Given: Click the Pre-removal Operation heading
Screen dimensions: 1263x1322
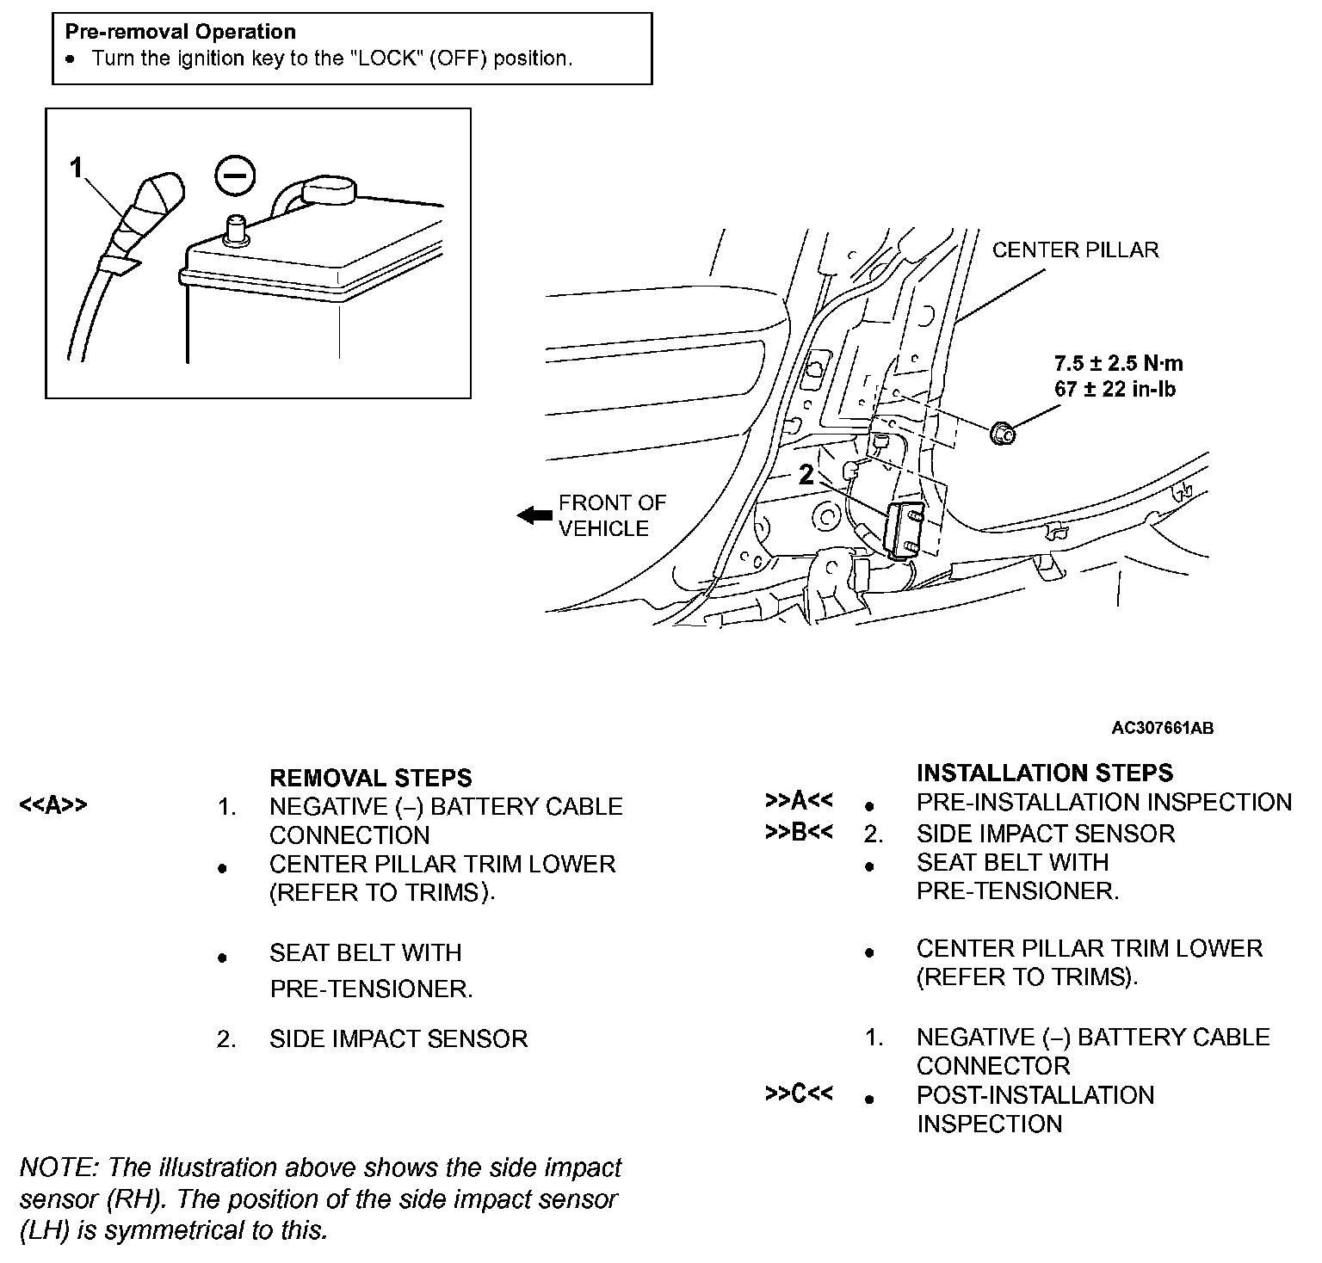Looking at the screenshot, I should point(181,32).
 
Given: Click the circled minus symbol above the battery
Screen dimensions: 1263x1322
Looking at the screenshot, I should point(235,176).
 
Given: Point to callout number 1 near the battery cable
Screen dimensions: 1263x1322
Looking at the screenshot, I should point(77,167).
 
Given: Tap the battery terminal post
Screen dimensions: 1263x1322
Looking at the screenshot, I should point(235,231).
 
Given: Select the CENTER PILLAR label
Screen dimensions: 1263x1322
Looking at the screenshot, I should point(1075,250).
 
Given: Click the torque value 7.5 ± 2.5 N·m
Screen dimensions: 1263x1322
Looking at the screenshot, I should point(1118,363).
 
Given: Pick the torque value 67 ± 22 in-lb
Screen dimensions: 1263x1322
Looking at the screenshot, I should point(1115,389).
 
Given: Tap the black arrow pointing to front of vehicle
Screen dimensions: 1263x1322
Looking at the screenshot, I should point(534,515).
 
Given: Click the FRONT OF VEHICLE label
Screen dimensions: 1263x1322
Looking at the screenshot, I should point(612,515).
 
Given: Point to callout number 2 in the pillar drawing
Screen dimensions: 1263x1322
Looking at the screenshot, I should point(806,475).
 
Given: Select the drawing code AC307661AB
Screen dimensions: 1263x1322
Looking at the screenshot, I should point(1162,728).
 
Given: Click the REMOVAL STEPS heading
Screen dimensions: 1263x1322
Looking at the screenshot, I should point(370,778).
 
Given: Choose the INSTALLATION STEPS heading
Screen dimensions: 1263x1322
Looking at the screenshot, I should point(1044,773).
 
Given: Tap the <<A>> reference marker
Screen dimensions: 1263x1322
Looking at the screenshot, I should point(53,806).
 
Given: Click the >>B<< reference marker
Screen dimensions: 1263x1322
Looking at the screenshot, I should point(798,833).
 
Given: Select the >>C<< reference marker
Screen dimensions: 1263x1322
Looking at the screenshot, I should point(798,1094).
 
